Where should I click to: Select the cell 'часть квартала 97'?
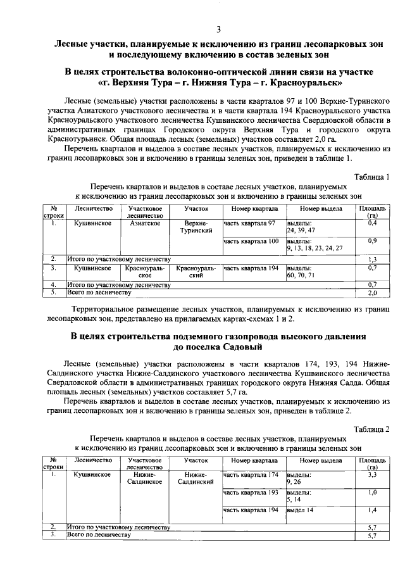250,224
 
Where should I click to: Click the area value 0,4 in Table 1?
373,224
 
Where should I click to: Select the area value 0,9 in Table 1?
373,241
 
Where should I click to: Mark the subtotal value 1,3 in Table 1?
373,259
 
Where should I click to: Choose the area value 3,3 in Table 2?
373,474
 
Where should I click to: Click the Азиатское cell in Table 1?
146,224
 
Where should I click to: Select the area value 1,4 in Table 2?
373,510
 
